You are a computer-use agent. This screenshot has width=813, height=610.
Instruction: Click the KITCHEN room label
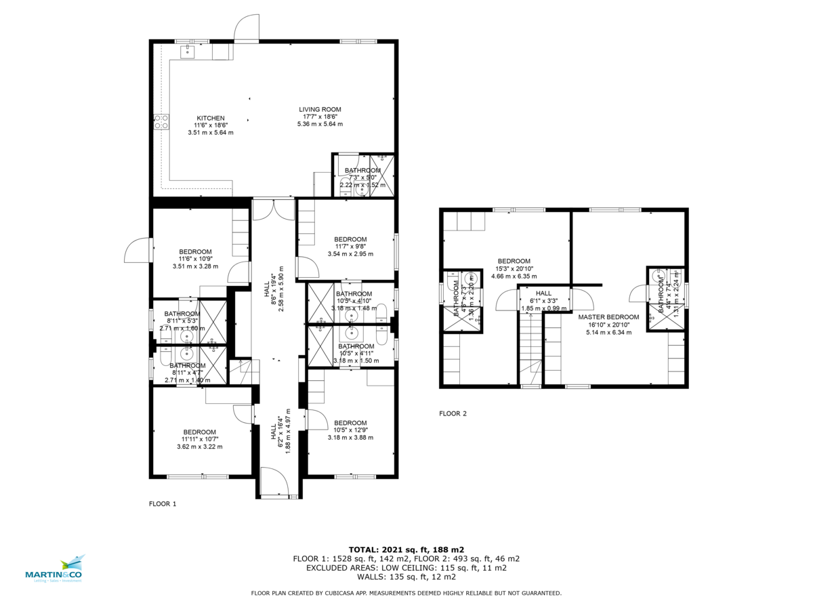210,118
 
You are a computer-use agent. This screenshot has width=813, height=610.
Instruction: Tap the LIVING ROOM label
320,109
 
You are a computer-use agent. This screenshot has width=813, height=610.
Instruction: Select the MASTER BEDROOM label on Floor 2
608,317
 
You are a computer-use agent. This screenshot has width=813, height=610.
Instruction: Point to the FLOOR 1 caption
163,504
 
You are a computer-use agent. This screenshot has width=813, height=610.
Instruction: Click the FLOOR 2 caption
453,413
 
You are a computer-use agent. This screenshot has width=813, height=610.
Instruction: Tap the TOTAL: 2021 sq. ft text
406,550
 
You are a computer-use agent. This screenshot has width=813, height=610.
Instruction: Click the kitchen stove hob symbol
162,121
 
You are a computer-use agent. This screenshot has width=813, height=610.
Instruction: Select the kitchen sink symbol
187,52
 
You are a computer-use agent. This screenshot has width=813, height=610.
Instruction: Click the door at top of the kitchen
246,29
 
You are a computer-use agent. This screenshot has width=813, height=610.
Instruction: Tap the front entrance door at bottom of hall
274,483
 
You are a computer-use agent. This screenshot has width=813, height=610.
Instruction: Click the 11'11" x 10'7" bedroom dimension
199,439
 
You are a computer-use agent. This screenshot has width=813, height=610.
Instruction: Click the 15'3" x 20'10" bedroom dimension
514,268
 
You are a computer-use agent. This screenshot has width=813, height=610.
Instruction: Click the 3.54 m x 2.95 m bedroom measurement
350,254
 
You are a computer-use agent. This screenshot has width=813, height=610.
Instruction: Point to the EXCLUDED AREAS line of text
406,568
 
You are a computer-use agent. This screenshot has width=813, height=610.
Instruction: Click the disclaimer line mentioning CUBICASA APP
406,593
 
